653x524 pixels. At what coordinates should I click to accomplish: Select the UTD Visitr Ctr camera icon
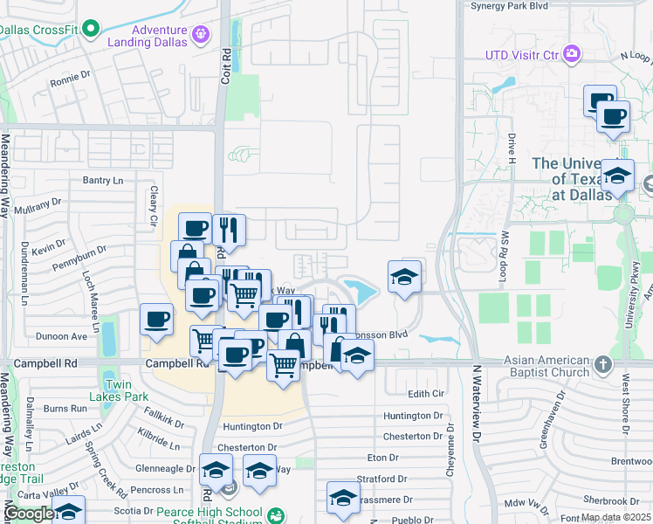[x=572, y=54]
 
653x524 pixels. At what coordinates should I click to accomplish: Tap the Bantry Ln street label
[x=104, y=181]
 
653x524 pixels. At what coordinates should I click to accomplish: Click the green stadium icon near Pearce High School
[x=276, y=516]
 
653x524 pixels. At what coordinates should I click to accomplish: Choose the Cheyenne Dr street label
[x=450, y=451]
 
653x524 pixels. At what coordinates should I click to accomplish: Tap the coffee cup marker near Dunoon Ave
[x=157, y=319]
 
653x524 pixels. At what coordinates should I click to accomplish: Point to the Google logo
[x=30, y=514]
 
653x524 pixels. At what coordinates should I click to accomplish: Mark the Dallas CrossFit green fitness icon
[x=89, y=31]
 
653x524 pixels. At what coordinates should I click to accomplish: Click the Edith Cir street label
[x=425, y=395]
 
